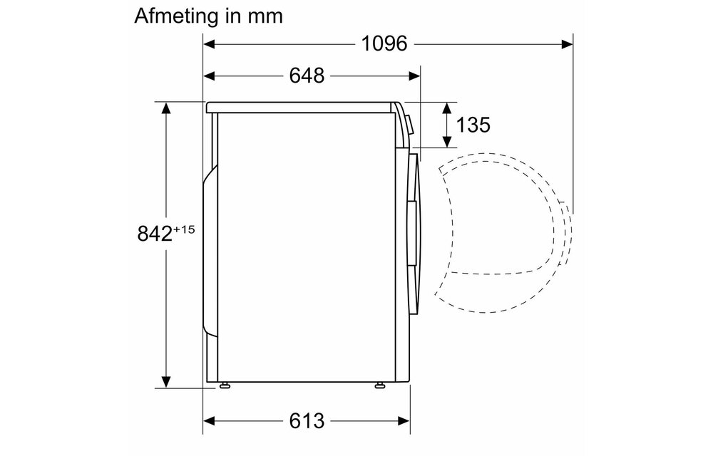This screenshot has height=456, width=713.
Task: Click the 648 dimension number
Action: pyautogui.click(x=307, y=75)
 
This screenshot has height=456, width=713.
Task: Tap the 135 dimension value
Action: pyautogui.click(x=473, y=125)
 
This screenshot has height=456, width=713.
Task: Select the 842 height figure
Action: pyautogui.click(x=154, y=234)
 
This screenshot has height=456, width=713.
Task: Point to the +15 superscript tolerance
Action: pyautogui.click(x=183, y=229)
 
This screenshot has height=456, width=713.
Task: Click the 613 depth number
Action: pyautogui.click(x=307, y=420)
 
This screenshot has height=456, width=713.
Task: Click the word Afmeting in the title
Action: pyautogui.click(x=173, y=15)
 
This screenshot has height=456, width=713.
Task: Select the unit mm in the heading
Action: pyautogui.click(x=265, y=16)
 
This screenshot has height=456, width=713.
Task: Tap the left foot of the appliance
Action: pyautogui.click(x=226, y=385)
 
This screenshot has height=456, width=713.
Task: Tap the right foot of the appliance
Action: pyautogui.click(x=379, y=385)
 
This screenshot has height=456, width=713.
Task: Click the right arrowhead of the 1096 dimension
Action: pyautogui.click(x=568, y=44)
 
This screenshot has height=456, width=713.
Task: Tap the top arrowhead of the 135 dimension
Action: pyautogui.click(x=447, y=108)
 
